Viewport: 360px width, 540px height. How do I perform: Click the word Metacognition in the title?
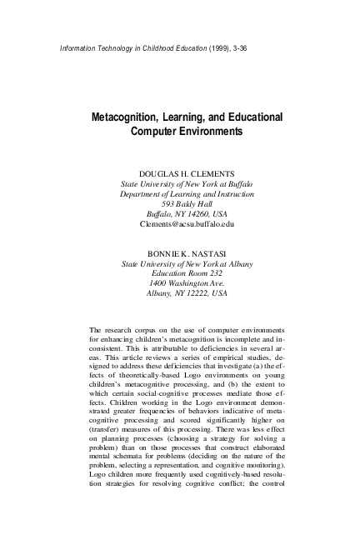pos(127,117)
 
